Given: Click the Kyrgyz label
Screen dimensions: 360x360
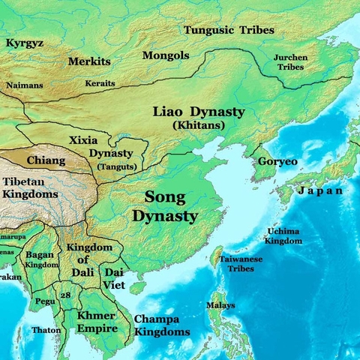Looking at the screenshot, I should (x=24, y=43).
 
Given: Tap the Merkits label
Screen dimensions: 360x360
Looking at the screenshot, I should (x=88, y=60).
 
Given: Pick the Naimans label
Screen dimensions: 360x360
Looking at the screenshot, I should (x=25, y=85).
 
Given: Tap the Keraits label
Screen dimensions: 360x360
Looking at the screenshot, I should (x=100, y=82).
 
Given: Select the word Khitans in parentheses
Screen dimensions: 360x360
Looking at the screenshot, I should (x=198, y=125).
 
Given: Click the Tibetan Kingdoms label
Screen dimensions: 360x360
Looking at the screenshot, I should (x=30, y=188).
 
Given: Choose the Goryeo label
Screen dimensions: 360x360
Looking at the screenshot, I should (x=277, y=162).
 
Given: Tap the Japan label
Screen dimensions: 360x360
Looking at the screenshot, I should (x=321, y=191).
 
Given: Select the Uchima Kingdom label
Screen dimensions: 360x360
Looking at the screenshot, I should (x=284, y=236).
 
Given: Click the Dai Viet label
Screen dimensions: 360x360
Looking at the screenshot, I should (x=113, y=278).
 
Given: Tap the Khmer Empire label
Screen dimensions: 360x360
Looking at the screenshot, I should (x=95, y=321).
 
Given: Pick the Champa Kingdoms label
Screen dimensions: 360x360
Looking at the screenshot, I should (x=162, y=324).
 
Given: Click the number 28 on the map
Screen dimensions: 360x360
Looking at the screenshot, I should (x=66, y=295).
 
